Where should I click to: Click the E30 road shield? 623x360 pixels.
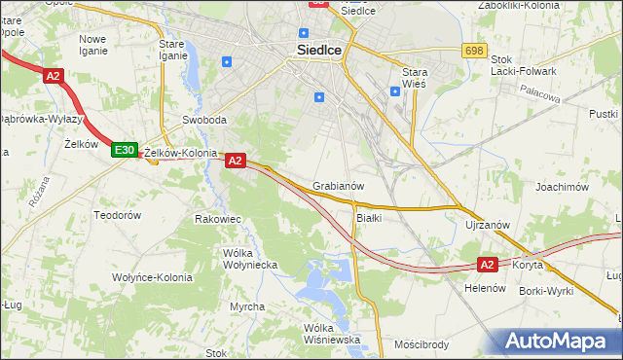pyautogui.click(x=124, y=150)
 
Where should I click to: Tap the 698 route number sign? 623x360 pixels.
pyautogui.click(x=474, y=50)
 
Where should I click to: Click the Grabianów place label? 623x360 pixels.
pyautogui.click(x=338, y=186)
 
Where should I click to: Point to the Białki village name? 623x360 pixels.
pyautogui.click(x=369, y=218)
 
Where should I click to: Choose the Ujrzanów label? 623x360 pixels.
pyautogui.click(x=488, y=225)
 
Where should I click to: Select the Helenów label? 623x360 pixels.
pyautogui.click(x=484, y=289)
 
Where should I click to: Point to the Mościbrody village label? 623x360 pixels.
pyautogui.click(x=421, y=344)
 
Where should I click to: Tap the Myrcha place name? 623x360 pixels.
pyautogui.click(x=247, y=306)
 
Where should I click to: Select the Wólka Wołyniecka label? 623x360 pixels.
pyautogui.click(x=250, y=259)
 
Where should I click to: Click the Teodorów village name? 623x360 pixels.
pyautogui.click(x=118, y=214)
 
